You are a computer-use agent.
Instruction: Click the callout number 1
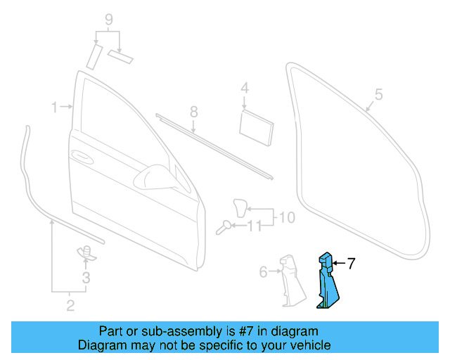(x=53, y=107)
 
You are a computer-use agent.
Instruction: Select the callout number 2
(x=70, y=304)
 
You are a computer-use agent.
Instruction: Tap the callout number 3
(x=86, y=278)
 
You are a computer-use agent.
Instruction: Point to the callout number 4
(x=245, y=89)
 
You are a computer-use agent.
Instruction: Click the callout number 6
(x=263, y=271)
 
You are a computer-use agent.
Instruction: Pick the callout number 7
(x=351, y=264)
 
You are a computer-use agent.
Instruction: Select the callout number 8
(x=193, y=112)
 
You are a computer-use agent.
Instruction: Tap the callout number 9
(x=108, y=18)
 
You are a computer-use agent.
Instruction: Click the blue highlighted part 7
(x=328, y=284)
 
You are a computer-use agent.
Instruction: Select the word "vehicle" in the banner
(x=309, y=345)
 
